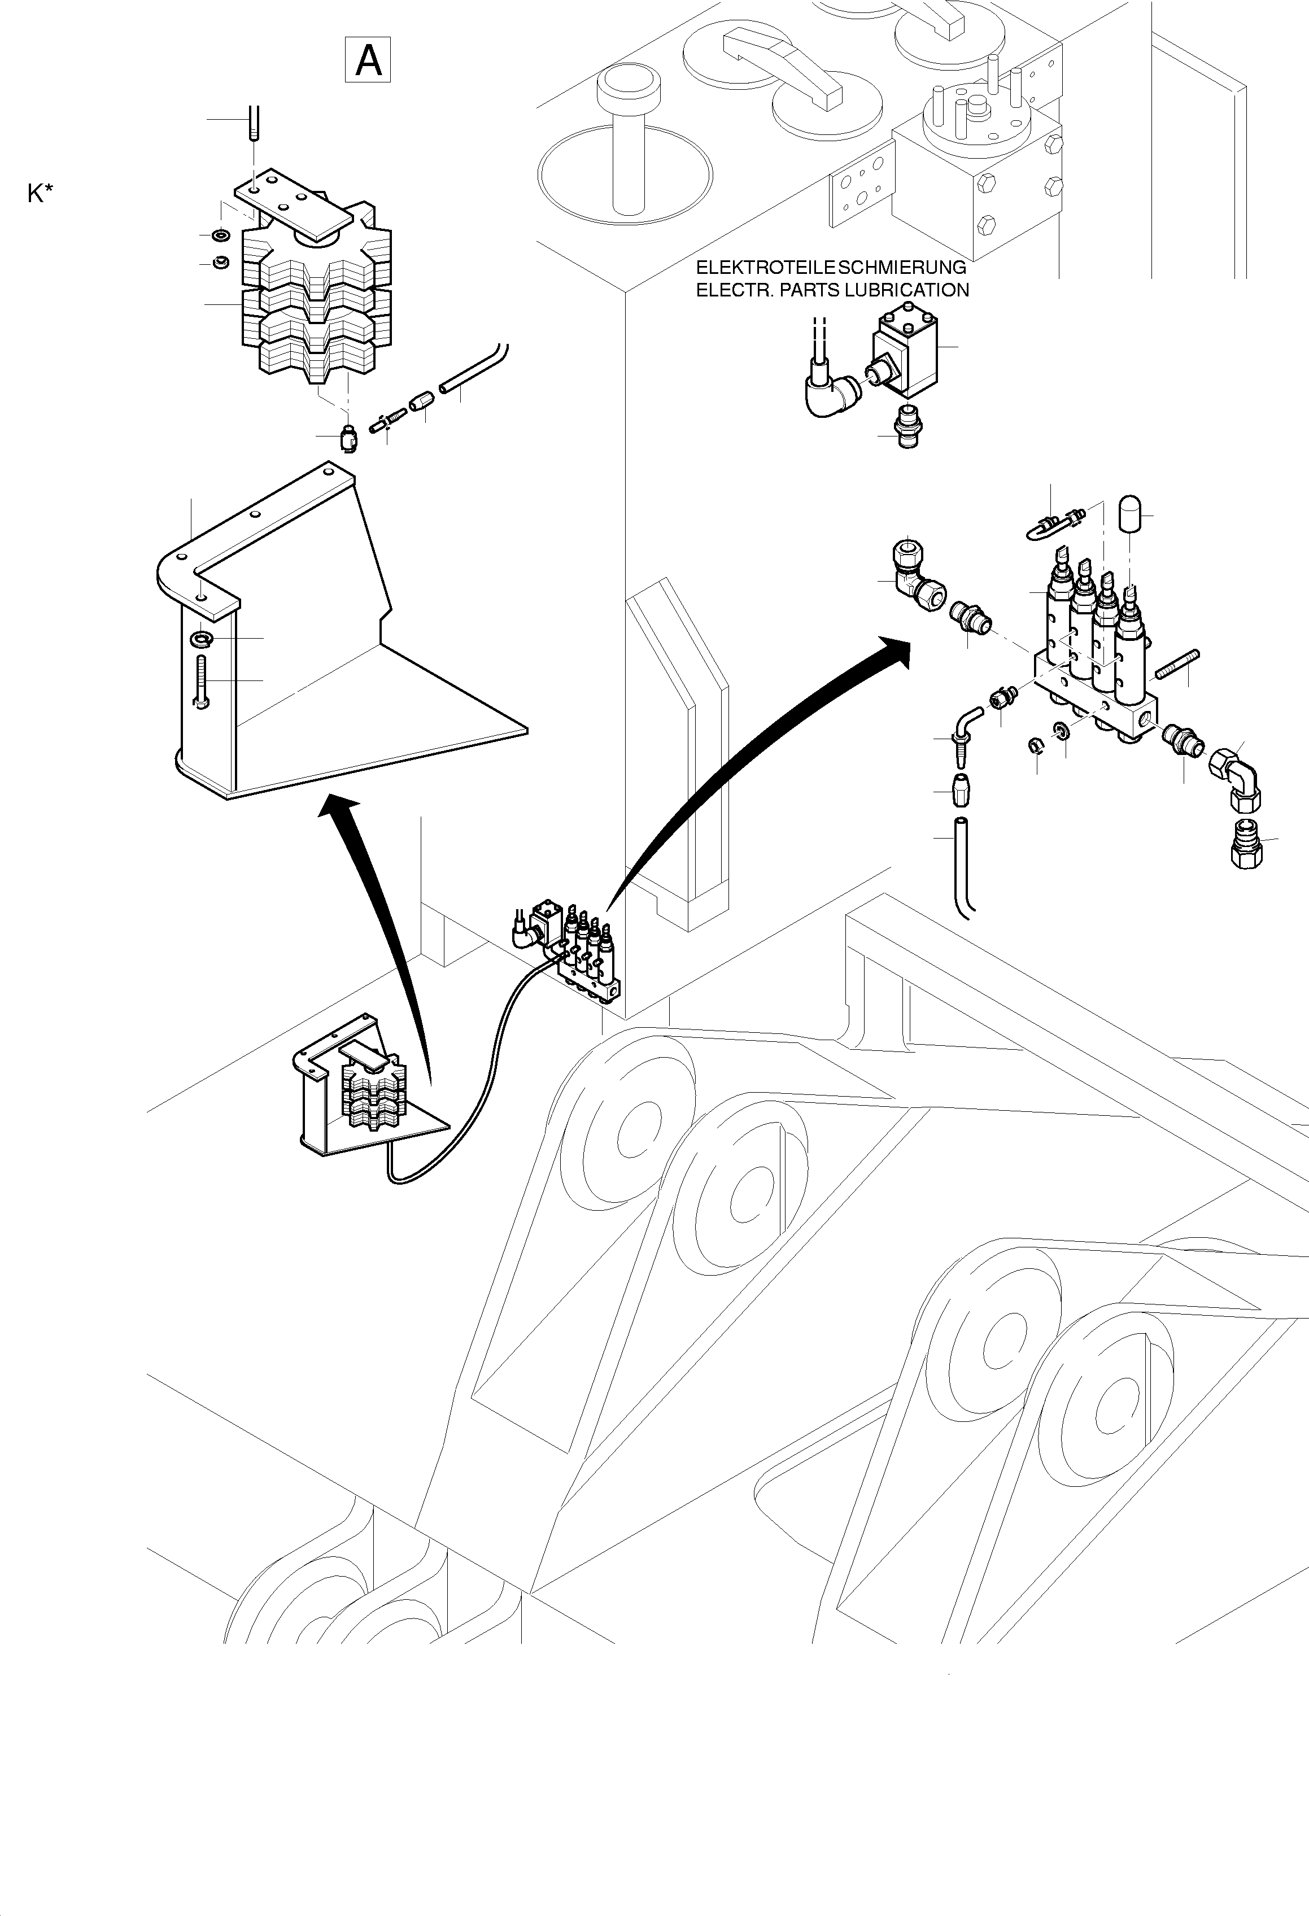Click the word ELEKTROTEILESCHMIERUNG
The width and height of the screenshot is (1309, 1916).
[x=830, y=267]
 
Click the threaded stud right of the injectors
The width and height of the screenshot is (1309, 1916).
[x=1179, y=665]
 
